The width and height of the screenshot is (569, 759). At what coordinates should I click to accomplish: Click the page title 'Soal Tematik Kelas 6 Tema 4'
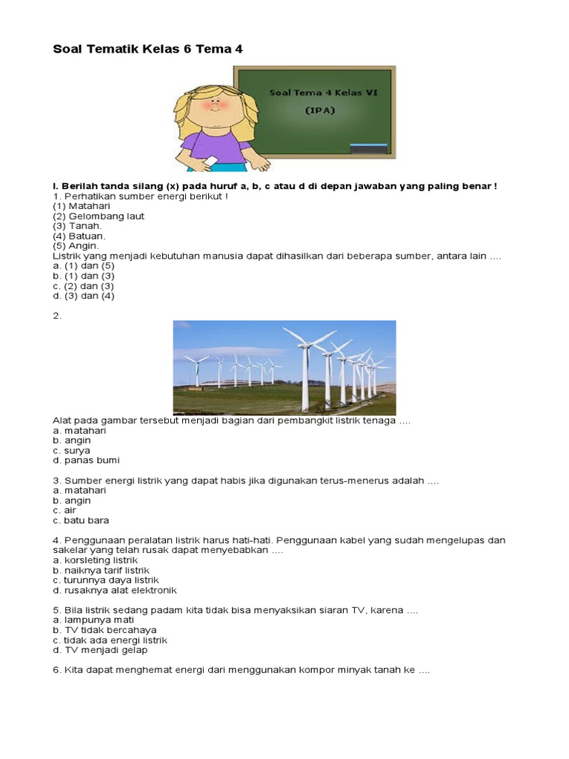click(148, 50)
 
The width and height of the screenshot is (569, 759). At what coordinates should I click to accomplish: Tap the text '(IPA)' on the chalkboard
click(320, 110)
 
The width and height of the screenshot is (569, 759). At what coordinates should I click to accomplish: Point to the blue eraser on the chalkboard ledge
click(368, 146)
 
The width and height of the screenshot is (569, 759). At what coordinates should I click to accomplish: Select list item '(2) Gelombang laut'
click(99, 216)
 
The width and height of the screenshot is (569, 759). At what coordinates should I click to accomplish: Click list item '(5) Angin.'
click(76, 245)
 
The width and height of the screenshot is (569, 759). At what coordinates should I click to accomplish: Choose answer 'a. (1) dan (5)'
click(84, 265)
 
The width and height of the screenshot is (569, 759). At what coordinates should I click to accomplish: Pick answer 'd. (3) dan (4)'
click(84, 296)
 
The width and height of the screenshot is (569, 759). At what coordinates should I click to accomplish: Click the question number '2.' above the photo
click(57, 315)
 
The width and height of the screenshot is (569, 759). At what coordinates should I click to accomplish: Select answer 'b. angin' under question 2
click(72, 440)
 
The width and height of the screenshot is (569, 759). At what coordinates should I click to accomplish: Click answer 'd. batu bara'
click(81, 520)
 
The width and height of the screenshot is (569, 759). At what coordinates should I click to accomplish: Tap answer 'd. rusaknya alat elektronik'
click(114, 591)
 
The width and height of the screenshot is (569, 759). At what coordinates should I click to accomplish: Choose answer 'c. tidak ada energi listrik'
click(110, 640)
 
